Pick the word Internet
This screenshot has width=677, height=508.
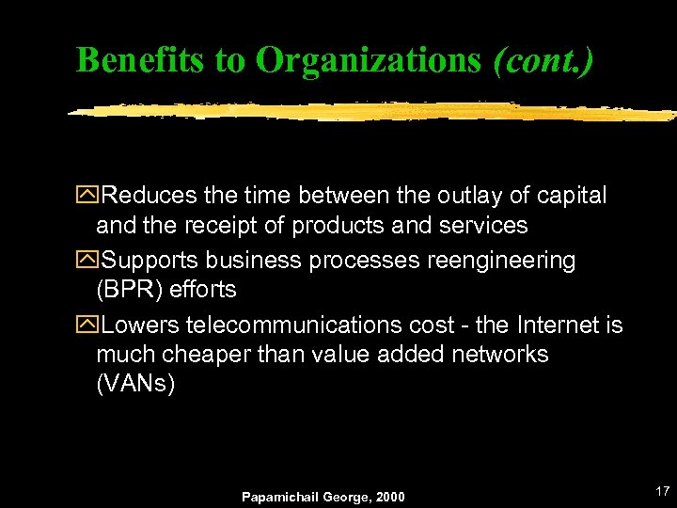[x=551, y=325]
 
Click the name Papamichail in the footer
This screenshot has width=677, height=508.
[x=277, y=497]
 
